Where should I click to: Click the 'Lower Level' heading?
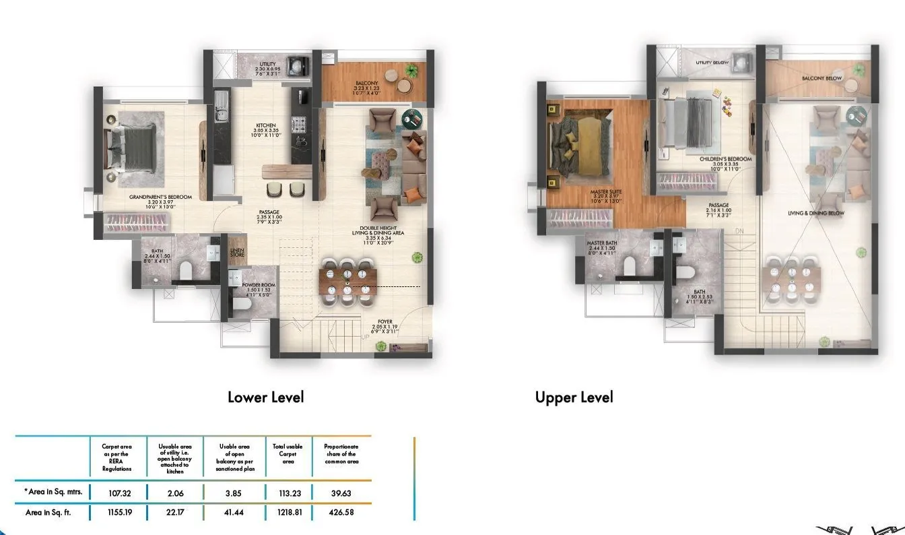point(266,397)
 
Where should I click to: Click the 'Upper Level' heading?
point(574,397)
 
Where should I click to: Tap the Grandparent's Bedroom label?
point(161,197)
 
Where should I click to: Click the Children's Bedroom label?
point(725,160)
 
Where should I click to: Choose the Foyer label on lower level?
point(385,322)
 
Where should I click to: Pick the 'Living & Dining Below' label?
point(815,213)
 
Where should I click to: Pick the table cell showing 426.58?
point(341,512)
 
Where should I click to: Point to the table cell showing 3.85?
point(232,493)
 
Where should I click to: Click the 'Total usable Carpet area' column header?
point(288,454)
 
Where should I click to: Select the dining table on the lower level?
point(347,277)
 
